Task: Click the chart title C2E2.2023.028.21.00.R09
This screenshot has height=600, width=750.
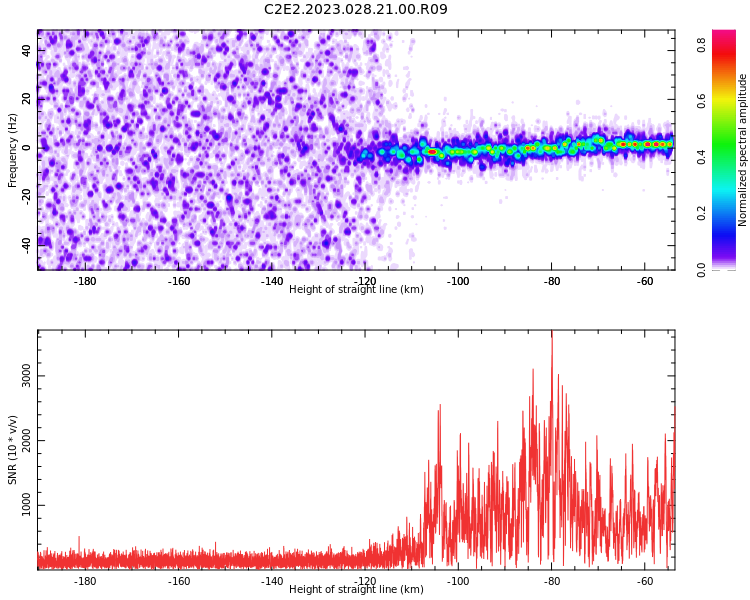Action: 356,10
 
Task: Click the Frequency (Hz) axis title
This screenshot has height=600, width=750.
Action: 13,150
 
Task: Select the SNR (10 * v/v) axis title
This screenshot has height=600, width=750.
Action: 13,450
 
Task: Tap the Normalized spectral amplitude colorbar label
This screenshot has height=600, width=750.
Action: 743,150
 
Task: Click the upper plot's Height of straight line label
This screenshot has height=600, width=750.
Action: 356,289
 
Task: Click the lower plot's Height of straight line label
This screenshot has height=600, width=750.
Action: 356,589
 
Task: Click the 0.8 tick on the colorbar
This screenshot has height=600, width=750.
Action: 702,45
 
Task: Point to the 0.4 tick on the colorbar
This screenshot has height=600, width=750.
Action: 702,157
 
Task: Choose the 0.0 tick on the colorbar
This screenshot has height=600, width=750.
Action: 702,268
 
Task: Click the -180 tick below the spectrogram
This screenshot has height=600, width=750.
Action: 85,281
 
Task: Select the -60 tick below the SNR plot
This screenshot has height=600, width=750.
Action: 645,581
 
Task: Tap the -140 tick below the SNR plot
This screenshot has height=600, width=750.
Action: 272,581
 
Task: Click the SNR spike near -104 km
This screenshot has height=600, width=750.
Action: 439,409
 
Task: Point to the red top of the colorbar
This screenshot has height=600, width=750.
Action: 724,35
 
